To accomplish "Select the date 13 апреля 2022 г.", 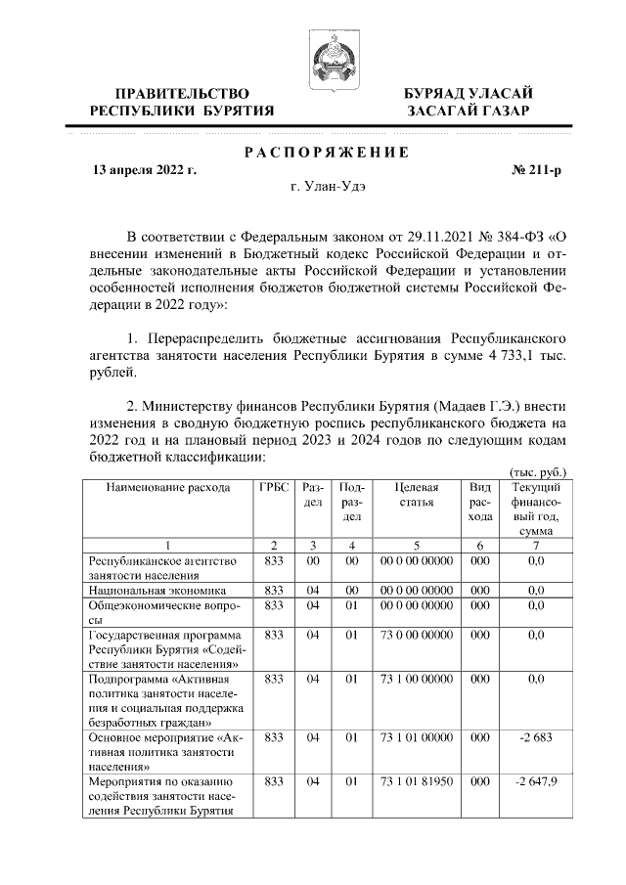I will pos(144,170).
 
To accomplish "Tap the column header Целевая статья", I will pos(417,495).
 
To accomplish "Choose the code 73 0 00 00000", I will pos(417,635).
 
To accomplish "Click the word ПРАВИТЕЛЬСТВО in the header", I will pos(180,93).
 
